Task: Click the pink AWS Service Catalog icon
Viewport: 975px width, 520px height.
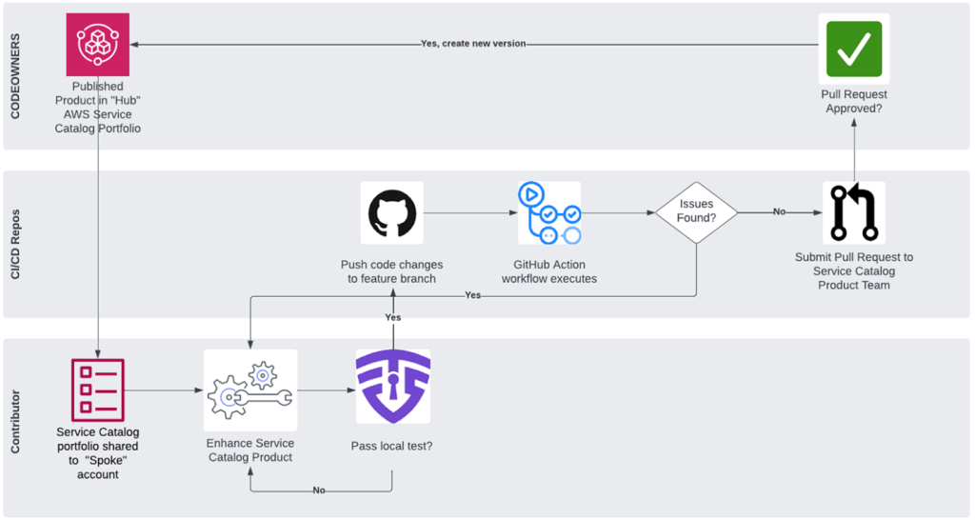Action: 97,44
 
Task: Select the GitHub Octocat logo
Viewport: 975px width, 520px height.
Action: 391,212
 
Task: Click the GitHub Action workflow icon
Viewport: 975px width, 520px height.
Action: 549,212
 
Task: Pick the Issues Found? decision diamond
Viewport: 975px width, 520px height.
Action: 696,211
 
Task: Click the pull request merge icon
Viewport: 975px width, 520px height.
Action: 853,212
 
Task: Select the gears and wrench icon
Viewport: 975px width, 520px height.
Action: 249,390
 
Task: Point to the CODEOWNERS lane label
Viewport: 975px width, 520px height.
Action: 15,76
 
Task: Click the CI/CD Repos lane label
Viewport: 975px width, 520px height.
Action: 15,244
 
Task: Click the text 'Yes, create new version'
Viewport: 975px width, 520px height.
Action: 473,44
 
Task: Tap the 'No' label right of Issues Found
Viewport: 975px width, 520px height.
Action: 779,211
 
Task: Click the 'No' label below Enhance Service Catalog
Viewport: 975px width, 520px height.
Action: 320,490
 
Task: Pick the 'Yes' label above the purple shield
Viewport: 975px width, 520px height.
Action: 392,317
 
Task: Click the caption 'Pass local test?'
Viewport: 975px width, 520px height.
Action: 391,445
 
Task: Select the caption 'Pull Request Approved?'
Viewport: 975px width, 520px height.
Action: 853,102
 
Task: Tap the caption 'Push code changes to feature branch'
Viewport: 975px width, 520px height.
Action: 391,271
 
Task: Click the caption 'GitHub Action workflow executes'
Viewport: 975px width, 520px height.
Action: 549,271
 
